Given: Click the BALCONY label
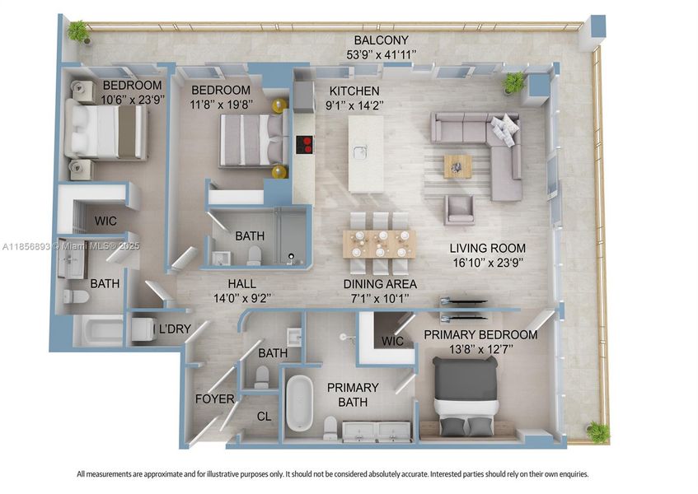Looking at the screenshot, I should tap(381, 40).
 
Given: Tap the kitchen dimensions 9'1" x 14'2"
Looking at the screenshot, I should tap(354, 105).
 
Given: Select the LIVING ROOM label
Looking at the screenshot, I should tap(487, 248).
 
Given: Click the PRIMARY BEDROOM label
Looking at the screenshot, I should tap(480, 335).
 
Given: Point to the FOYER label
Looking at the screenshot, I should tap(214, 399).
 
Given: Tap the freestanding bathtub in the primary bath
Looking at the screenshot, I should tap(301, 403).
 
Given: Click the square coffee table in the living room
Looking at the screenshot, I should tap(457, 165).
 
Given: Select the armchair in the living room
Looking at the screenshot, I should tap(459, 210).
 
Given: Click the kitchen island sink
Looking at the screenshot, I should tap(360, 152).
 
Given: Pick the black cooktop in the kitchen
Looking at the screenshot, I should tap(305, 144).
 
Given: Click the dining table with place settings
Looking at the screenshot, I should tap(379, 244).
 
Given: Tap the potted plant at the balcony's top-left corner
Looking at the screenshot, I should tap(78, 31).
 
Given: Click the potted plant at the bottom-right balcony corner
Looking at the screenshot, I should tap(597, 431).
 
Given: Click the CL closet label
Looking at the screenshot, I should tap(264, 417).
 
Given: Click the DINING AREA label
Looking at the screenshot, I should tap(379, 283).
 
